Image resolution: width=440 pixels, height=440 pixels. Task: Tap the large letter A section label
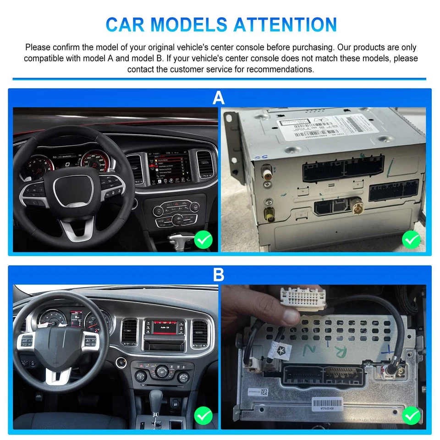click(x=219, y=98)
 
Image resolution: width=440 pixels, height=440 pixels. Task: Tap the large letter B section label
click(x=219, y=275)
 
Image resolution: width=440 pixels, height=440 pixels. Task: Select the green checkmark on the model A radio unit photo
click(x=411, y=239)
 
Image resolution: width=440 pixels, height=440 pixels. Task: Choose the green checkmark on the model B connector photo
click(x=411, y=416)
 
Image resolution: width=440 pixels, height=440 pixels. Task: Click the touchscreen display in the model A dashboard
click(x=169, y=169)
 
